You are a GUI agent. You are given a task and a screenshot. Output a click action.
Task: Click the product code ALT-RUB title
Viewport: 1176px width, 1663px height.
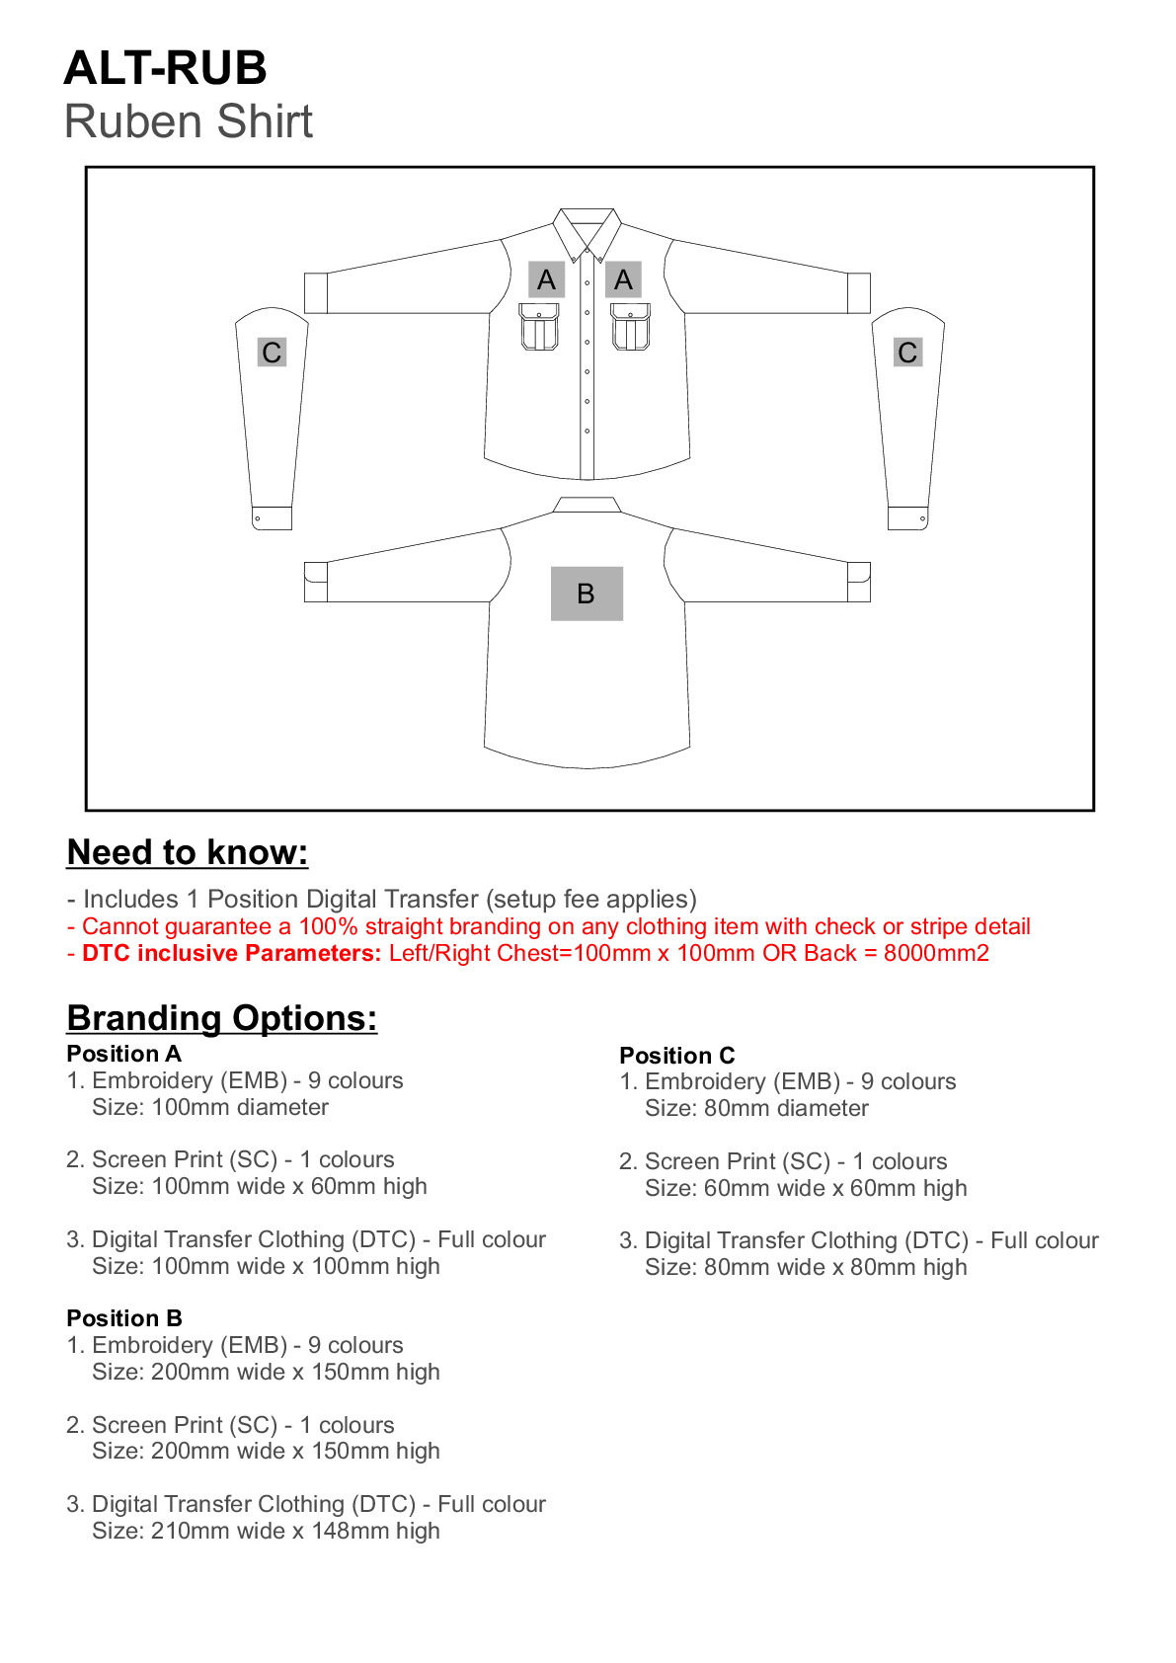click(x=165, y=68)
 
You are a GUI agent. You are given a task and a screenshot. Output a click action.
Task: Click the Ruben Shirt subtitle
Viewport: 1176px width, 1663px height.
click(x=188, y=122)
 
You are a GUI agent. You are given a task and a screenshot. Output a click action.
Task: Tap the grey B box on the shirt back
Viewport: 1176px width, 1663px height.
click(x=587, y=594)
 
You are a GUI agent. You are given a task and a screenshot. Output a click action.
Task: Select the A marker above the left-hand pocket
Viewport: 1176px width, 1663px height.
click(x=546, y=280)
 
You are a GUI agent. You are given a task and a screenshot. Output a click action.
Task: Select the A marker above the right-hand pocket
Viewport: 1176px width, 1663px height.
click(x=623, y=280)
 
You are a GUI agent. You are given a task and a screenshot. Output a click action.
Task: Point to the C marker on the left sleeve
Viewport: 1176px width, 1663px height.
click(x=272, y=353)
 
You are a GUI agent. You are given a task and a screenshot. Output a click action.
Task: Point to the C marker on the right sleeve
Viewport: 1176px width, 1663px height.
click(x=907, y=353)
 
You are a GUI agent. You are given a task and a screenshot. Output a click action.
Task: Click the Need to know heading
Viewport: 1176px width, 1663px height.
click(x=188, y=852)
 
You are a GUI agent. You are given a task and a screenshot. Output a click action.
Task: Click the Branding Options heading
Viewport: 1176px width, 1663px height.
click(x=222, y=1018)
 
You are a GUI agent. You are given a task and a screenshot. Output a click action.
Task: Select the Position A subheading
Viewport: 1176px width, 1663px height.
click(x=123, y=1054)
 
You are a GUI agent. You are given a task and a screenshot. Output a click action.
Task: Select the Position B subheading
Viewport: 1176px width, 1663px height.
click(x=124, y=1318)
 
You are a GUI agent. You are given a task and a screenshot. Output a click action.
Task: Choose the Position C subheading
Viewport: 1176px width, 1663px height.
click(x=677, y=1056)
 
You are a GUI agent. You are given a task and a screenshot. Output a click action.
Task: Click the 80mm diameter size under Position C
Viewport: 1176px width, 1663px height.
click(x=786, y=1109)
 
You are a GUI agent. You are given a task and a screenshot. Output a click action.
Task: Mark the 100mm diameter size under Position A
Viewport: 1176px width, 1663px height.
click(x=240, y=1108)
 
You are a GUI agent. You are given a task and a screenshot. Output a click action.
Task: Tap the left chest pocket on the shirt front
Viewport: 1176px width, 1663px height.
click(x=539, y=327)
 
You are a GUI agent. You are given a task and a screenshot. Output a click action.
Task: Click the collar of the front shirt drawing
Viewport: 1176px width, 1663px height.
click(x=587, y=227)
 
